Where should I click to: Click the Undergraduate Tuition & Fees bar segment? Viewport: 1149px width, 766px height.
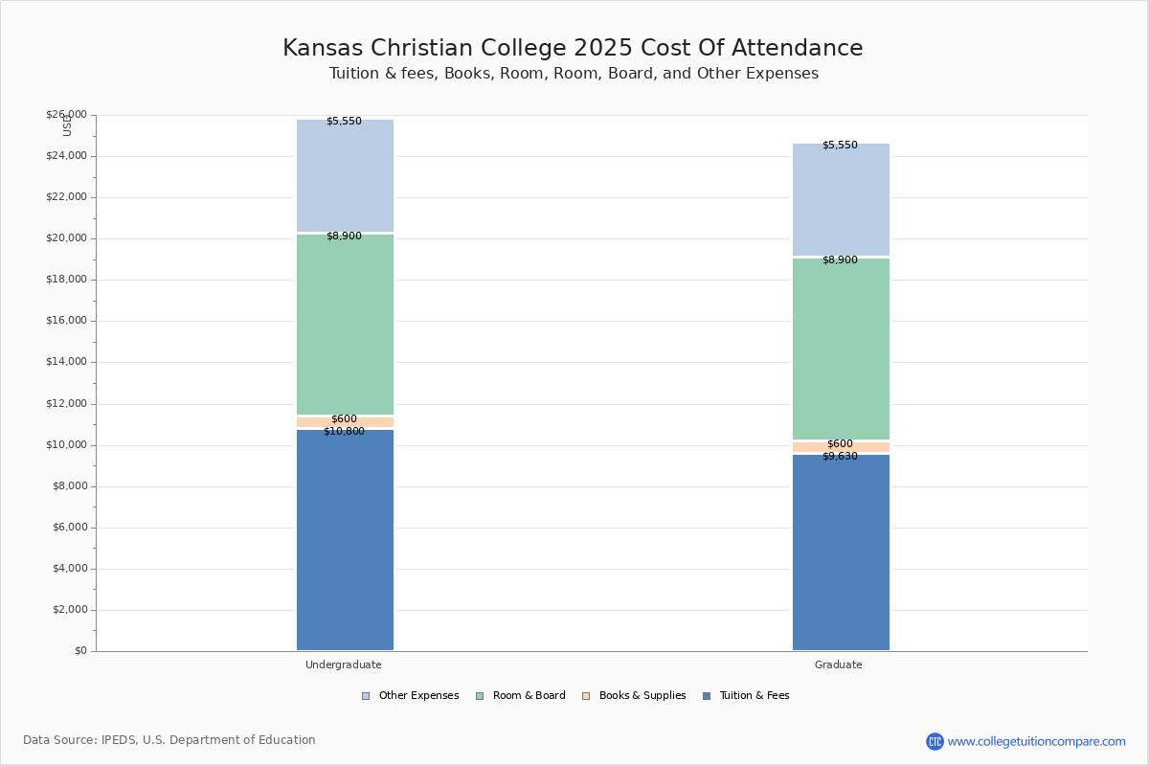[x=345, y=541]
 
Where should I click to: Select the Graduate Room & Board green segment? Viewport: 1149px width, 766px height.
[x=841, y=349]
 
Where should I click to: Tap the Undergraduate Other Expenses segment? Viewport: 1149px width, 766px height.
[x=345, y=177]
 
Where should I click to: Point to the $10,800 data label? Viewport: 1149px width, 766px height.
[x=344, y=432]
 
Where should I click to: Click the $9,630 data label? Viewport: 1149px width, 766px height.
[x=840, y=457]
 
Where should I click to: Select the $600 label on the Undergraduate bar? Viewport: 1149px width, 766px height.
[x=344, y=419]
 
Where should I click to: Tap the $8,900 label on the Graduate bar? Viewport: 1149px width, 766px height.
[x=840, y=260]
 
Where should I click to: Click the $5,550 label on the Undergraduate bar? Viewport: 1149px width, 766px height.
[x=344, y=122]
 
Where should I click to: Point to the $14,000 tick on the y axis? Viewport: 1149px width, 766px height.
[x=66, y=362]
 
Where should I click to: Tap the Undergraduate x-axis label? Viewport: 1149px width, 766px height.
[x=344, y=665]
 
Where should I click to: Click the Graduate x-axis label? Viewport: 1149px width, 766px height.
[x=839, y=665]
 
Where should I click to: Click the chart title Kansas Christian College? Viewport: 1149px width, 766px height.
[x=573, y=49]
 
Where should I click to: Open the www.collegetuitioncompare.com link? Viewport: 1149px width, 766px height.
[x=1036, y=741]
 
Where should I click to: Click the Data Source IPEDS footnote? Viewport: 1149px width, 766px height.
[x=169, y=740]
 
